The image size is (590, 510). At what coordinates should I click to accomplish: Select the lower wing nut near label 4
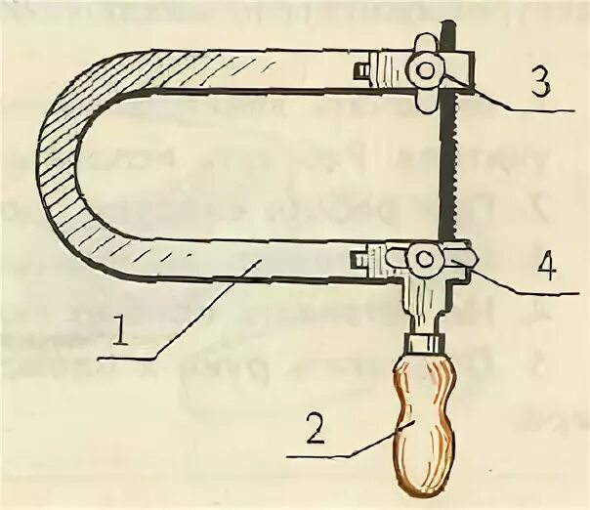[424, 258]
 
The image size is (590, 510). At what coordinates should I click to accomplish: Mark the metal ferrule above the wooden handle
[421, 343]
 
